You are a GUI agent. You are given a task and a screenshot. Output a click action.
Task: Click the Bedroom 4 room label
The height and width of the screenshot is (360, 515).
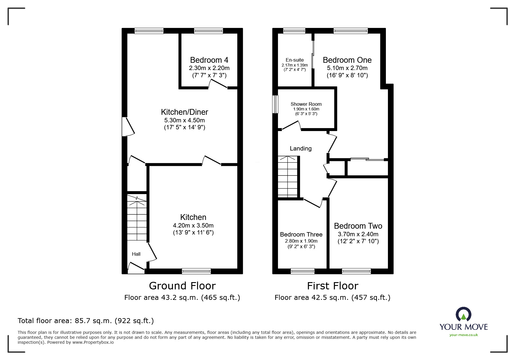click(209, 60)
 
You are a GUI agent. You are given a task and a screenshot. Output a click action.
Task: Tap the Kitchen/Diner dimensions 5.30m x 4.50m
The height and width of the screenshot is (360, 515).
click(184, 120)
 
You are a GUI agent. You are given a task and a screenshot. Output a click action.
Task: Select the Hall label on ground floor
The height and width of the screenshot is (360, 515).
click(136, 254)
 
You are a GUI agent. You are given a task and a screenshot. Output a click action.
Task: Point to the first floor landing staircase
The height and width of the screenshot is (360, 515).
click(288, 177)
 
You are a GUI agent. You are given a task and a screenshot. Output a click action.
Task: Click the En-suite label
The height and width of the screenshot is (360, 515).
click(295, 60)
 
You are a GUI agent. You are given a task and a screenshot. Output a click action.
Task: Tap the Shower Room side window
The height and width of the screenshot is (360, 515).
click(275, 104)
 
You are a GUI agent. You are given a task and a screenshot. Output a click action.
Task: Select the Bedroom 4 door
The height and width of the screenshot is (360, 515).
click(218, 84)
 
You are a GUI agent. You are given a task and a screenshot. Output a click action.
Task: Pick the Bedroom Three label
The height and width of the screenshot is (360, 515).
click(301, 234)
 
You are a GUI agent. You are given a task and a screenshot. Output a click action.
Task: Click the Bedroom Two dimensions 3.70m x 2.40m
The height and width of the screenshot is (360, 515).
click(358, 234)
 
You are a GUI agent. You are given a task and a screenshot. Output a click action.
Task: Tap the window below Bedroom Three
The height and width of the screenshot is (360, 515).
click(302, 271)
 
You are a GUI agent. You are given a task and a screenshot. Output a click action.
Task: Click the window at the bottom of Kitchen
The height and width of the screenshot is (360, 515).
click(196, 271)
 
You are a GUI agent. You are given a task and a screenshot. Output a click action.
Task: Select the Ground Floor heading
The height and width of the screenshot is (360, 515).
click(182, 286)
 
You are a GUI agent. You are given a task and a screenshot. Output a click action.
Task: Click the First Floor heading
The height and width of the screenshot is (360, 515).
click(332, 286)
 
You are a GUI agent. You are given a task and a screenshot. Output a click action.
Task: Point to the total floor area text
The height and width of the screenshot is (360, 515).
click(86, 321)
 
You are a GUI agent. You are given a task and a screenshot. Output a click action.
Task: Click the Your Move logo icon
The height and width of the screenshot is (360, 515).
click(463, 315)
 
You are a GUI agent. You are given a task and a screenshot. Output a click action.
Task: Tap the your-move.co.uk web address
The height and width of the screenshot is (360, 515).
click(464, 335)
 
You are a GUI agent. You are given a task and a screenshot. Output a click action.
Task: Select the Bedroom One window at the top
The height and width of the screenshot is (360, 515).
click(350, 31)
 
